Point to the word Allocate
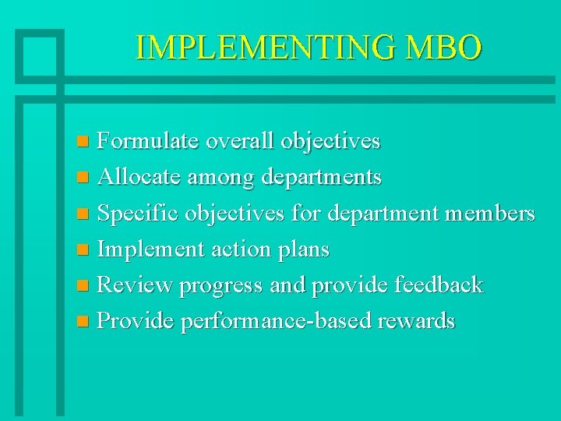137,178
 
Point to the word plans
301,250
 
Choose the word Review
133,285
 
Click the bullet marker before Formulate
85,143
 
